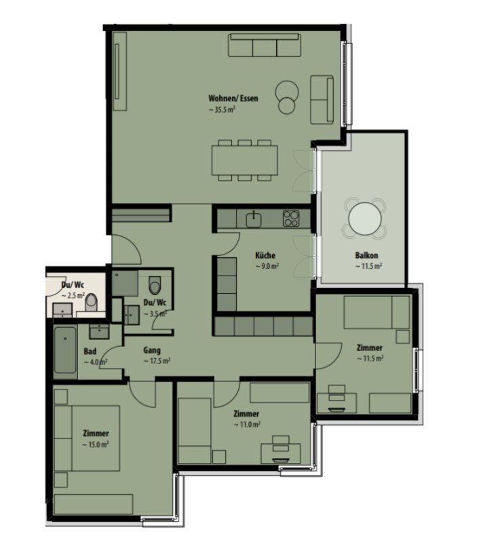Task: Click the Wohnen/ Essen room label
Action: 233,98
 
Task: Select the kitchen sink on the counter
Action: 254,220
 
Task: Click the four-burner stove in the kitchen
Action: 291,219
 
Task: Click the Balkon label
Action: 366,256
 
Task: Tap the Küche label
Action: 265,256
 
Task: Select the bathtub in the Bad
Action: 65,350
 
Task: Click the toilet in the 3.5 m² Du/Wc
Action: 155,285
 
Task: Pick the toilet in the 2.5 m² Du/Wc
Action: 92,302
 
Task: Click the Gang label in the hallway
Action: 152,350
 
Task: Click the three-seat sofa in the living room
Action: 265,45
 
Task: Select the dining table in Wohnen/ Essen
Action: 245,160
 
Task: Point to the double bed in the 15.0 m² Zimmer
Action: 87,438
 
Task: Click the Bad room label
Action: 90,352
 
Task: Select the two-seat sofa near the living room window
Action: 322,100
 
